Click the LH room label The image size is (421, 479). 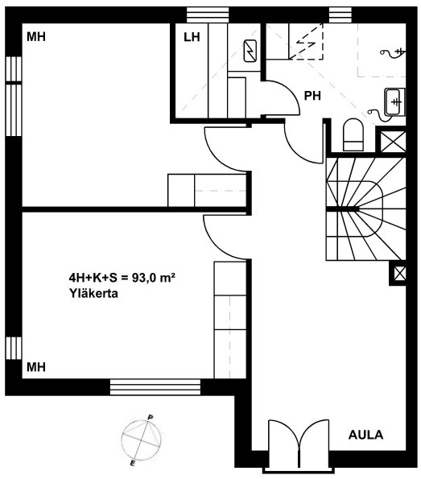pyautogui.click(x=192, y=37)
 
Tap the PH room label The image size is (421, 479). pyautogui.click(x=312, y=96)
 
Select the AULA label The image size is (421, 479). pyautogui.click(x=365, y=435)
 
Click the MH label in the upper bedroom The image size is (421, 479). pyautogui.click(x=36, y=37)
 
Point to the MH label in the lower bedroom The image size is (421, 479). pyautogui.click(x=36, y=367)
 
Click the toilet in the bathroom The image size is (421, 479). pyautogui.click(x=353, y=134)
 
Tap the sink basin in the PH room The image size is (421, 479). pyautogui.click(x=394, y=101)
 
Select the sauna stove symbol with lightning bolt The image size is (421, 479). pyautogui.click(x=250, y=51)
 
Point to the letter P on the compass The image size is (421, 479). pyautogui.click(x=151, y=417)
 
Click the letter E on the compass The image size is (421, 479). pyautogui.click(x=133, y=463)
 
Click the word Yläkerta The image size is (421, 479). pyautogui.click(x=94, y=294)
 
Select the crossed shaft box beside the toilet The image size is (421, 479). pyautogui.click(x=393, y=141)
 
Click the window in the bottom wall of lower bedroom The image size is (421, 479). pyautogui.click(x=155, y=387)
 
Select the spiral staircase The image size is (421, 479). pyautogui.click(x=366, y=209)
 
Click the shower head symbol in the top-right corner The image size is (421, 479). pyautogui.click(x=393, y=52)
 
